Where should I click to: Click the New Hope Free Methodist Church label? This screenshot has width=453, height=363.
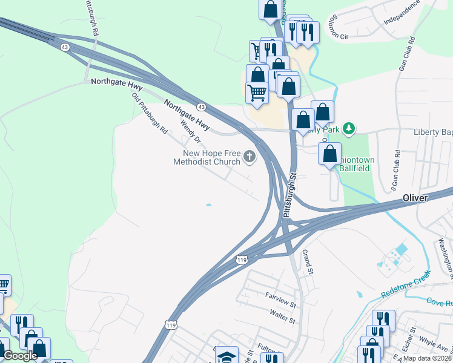coord(207,157)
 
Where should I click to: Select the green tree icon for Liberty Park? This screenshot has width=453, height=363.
coord(348,128)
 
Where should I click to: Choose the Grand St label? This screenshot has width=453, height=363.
coord(306,260)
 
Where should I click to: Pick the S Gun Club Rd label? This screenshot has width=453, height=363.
coord(396,168)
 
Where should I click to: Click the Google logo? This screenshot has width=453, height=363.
coord(20,356)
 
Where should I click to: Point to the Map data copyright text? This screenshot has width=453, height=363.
coord(426,358)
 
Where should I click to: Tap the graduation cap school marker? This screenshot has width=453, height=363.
coord(227,356)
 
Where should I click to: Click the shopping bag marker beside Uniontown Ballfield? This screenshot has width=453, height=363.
coord(329,153)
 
